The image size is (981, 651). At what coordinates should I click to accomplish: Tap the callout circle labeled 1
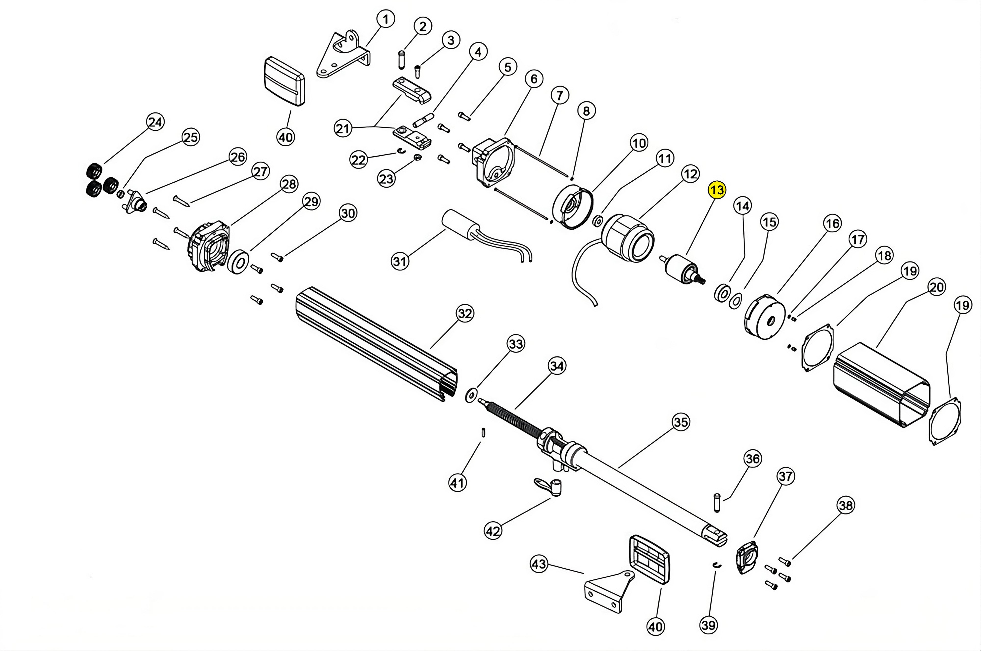[x=386, y=19]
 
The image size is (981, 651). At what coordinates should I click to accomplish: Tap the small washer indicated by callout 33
[x=471, y=395]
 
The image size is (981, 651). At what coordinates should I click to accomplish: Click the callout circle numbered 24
[x=155, y=122]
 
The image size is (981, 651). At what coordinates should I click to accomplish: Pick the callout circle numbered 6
[x=534, y=79]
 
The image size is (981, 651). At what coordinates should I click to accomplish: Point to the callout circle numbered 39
[x=709, y=625]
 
